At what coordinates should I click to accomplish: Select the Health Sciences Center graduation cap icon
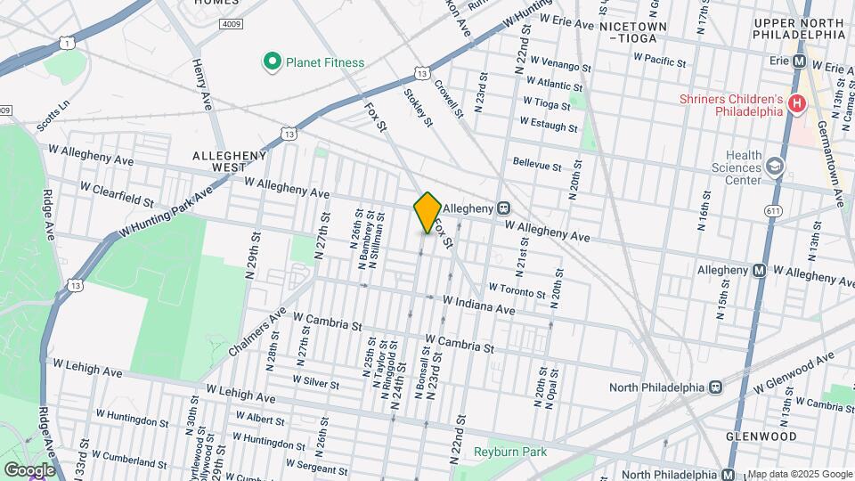coord(775,167)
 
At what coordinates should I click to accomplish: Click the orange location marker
coord(427,213)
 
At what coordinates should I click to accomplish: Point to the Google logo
coord(28,469)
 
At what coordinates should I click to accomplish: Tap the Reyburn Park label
coord(509,452)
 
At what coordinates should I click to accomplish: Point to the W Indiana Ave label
coord(479,307)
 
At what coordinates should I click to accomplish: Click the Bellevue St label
coord(537,165)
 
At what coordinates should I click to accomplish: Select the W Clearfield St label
coord(117,189)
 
